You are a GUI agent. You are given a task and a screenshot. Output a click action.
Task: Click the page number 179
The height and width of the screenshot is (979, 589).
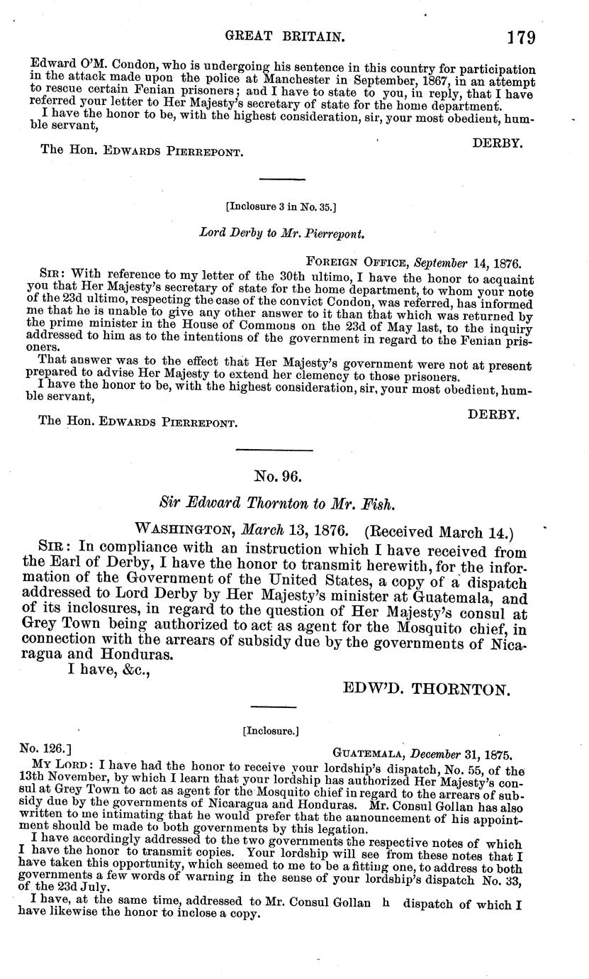click(521, 36)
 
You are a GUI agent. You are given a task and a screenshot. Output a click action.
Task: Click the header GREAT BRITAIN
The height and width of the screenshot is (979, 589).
click(274, 35)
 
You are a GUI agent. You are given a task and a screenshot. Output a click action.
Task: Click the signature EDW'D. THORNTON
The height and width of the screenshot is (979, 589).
click(427, 688)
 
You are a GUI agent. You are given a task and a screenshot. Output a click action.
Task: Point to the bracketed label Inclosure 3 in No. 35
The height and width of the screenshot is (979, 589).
click(280, 207)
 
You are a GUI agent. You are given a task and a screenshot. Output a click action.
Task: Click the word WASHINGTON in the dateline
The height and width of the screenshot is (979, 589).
click(186, 531)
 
